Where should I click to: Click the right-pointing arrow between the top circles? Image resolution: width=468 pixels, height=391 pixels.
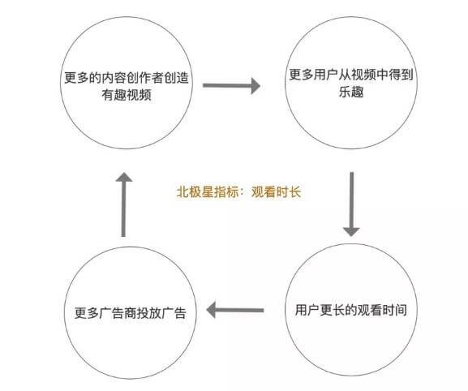tap(231, 86)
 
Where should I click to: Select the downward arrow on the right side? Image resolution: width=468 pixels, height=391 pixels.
tap(351, 204)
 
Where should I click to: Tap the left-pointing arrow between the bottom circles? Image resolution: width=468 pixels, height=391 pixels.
tap(235, 310)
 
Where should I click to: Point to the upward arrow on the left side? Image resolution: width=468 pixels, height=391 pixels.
tap(124, 204)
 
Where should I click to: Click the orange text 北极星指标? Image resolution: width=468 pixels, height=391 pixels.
tap(208, 191)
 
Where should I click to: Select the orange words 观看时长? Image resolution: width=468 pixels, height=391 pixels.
tap(276, 191)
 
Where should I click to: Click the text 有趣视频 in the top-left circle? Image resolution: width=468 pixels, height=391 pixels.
tap(127, 95)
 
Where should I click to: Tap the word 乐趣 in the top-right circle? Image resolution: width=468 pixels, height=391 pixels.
tap(351, 92)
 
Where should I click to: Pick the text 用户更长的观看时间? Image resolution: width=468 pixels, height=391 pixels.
tap(351, 310)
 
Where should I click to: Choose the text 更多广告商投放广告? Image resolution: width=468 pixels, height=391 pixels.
tap(131, 313)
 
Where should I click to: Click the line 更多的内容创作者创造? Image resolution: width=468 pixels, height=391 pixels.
tap(127, 78)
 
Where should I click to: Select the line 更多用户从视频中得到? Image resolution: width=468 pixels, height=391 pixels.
tap(351, 75)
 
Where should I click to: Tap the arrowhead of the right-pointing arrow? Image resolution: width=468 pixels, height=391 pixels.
tap(255, 86)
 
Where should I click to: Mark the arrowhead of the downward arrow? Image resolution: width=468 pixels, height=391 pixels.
tap(351, 232)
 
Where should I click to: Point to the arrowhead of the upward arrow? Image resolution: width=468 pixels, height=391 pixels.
tap(124, 177)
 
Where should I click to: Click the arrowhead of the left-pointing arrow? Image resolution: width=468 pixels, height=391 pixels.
tap(211, 310)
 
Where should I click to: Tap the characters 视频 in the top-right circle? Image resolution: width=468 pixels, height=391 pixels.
tap(363, 75)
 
